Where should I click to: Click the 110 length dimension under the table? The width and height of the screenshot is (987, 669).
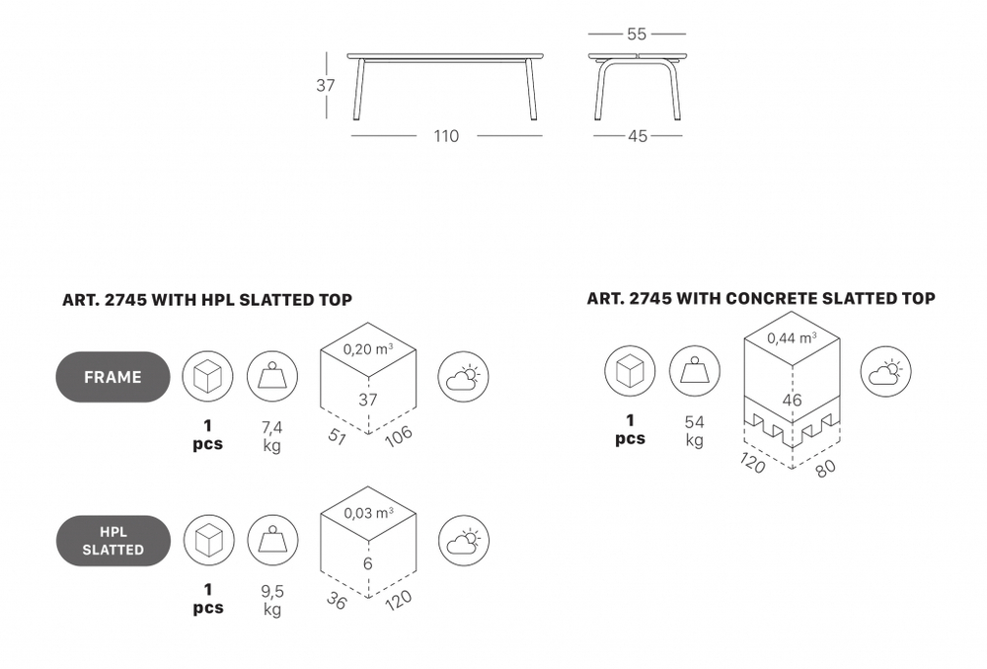click(x=446, y=136)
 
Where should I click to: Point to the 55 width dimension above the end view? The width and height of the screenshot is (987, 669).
click(x=637, y=34)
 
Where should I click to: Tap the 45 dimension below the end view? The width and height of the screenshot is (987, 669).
click(x=637, y=136)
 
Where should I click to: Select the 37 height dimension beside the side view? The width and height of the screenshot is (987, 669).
click(x=326, y=85)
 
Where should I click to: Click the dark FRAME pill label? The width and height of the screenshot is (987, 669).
click(x=113, y=377)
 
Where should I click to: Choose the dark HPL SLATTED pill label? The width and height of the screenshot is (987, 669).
click(x=114, y=541)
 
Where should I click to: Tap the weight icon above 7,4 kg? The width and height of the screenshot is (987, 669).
click(x=272, y=377)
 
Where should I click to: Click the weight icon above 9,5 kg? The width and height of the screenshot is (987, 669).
click(x=272, y=541)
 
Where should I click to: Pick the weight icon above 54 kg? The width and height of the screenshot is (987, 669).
click(x=694, y=371)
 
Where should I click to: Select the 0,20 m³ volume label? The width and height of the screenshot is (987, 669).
click(x=368, y=349)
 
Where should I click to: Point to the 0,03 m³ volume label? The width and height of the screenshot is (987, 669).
click(x=368, y=513)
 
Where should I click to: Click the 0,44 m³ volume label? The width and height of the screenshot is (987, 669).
click(x=792, y=338)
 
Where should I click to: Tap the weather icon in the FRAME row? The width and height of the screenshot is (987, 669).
click(x=463, y=377)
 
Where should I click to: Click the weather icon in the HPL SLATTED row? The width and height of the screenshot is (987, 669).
click(x=464, y=541)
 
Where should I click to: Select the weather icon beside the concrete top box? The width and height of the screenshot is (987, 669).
click(x=885, y=371)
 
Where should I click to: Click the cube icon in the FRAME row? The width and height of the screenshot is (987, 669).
click(x=207, y=377)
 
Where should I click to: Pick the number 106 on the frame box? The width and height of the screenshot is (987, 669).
click(x=399, y=435)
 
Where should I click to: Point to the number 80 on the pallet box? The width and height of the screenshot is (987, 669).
click(x=826, y=468)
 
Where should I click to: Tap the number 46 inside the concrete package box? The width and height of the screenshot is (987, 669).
click(x=792, y=400)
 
